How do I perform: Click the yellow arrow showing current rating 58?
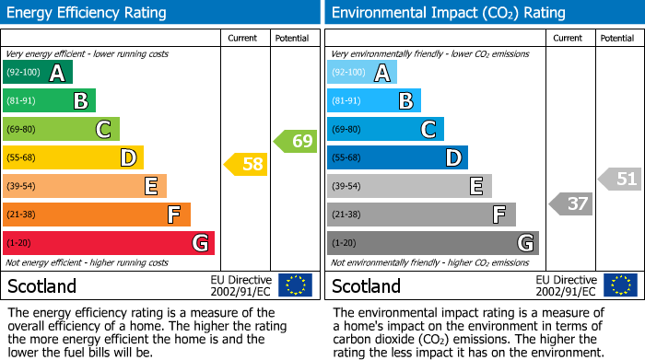click(246, 165)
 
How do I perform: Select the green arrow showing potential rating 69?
click(296, 141)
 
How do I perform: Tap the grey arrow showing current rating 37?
click(570, 203)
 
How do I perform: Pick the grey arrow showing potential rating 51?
click(620, 179)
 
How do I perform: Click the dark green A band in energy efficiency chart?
click(38, 73)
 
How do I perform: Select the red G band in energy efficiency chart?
click(109, 243)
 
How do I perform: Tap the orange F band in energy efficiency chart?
click(97, 215)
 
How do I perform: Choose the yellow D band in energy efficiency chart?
click(73, 157)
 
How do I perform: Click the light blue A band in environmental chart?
click(362, 73)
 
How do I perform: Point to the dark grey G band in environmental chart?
click(432, 243)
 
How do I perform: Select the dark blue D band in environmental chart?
click(397, 157)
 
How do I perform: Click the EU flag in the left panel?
click(295, 285)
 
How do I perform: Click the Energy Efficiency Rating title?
click(87, 13)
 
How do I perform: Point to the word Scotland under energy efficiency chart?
click(42, 285)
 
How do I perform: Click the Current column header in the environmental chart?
click(569, 38)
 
